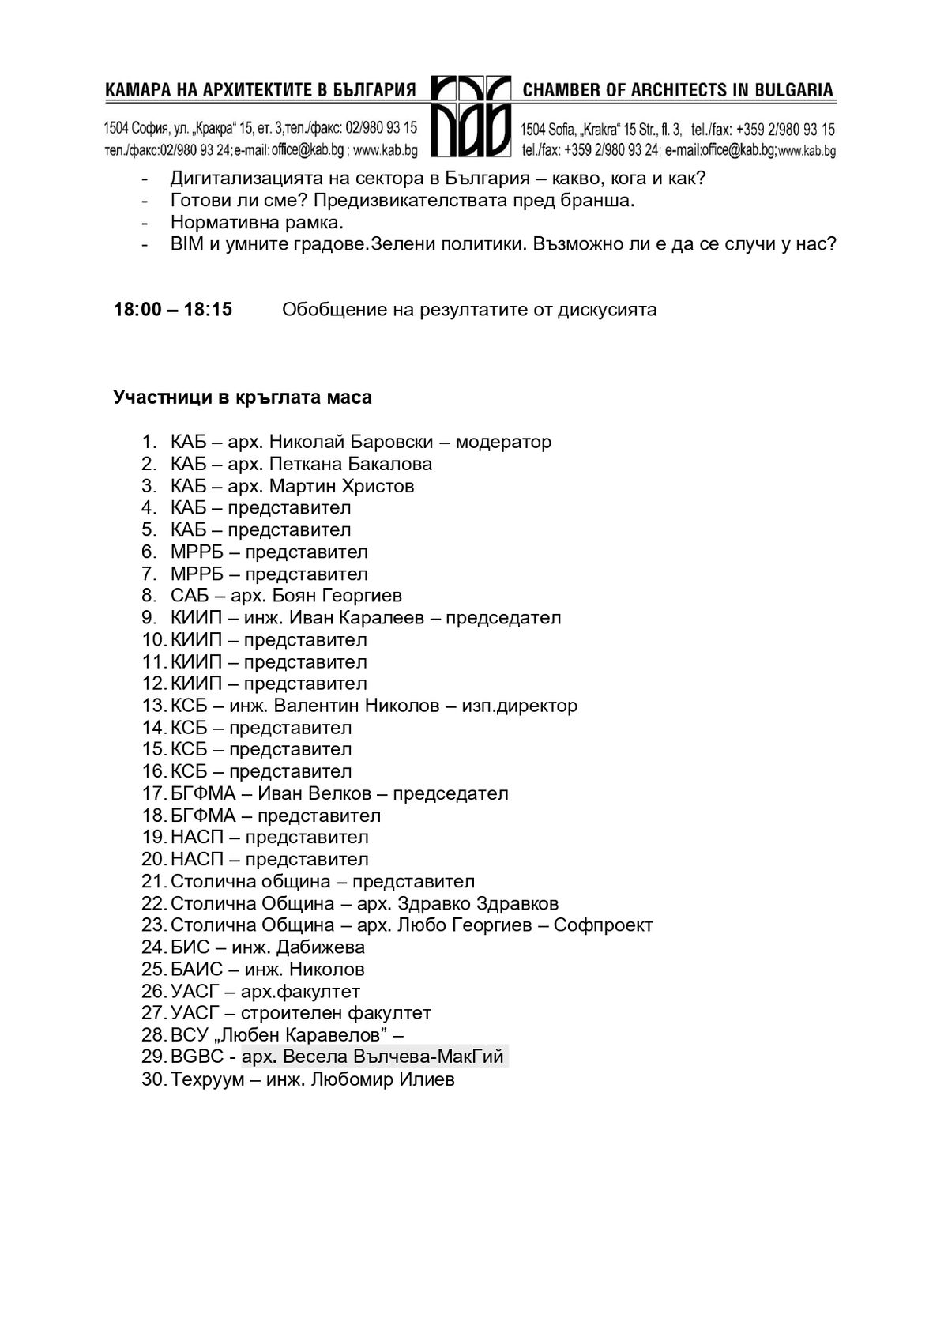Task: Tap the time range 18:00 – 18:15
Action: (x=173, y=309)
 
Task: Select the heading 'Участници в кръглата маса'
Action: (x=243, y=397)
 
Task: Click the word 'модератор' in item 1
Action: (x=503, y=442)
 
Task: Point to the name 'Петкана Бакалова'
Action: (x=351, y=464)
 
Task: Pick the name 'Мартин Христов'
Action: (x=341, y=486)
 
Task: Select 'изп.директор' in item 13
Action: (x=519, y=706)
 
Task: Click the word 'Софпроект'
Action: (x=603, y=925)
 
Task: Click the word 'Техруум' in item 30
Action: (x=203, y=1079)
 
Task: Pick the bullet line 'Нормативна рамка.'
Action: (x=257, y=223)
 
